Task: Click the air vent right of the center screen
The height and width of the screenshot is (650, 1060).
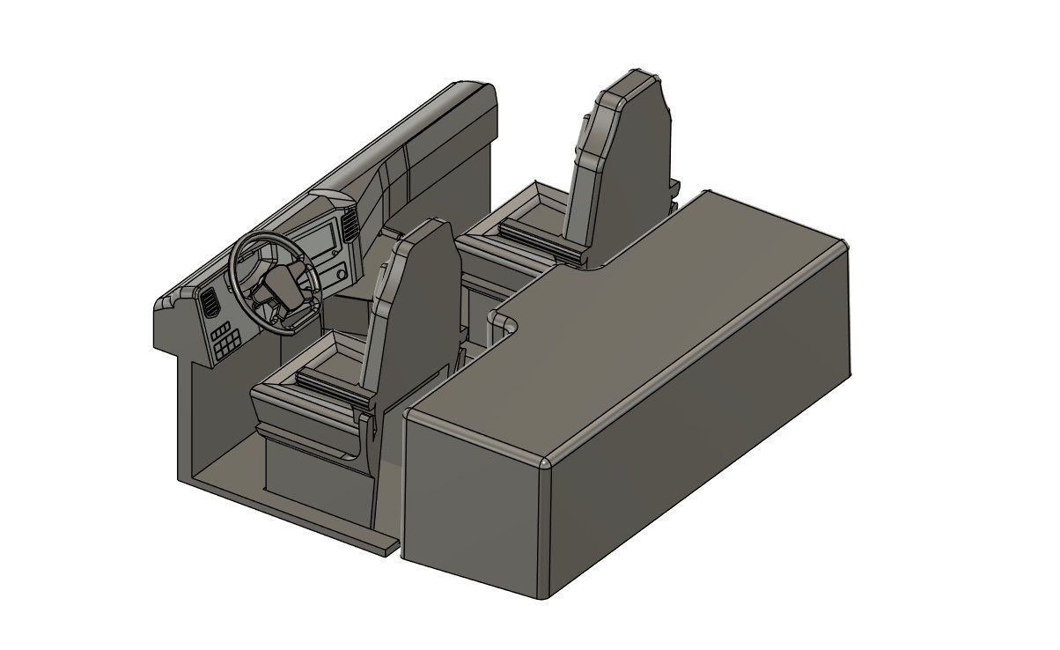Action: point(351,226)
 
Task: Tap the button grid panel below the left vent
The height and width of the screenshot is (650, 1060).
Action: point(225,339)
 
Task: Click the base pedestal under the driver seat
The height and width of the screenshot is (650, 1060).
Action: point(317,480)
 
